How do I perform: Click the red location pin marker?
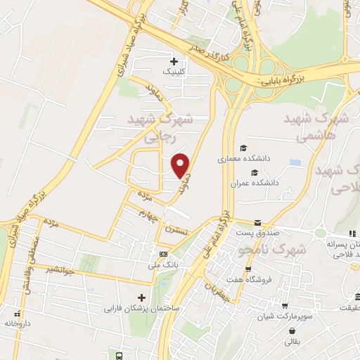[x=181, y=165]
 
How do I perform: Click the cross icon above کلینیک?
[x=174, y=61]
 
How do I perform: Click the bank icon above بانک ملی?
[x=164, y=254]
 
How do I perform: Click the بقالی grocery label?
[x=291, y=342]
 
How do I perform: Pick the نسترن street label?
[x=178, y=229]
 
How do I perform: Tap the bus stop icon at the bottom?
[x=120, y=356]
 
